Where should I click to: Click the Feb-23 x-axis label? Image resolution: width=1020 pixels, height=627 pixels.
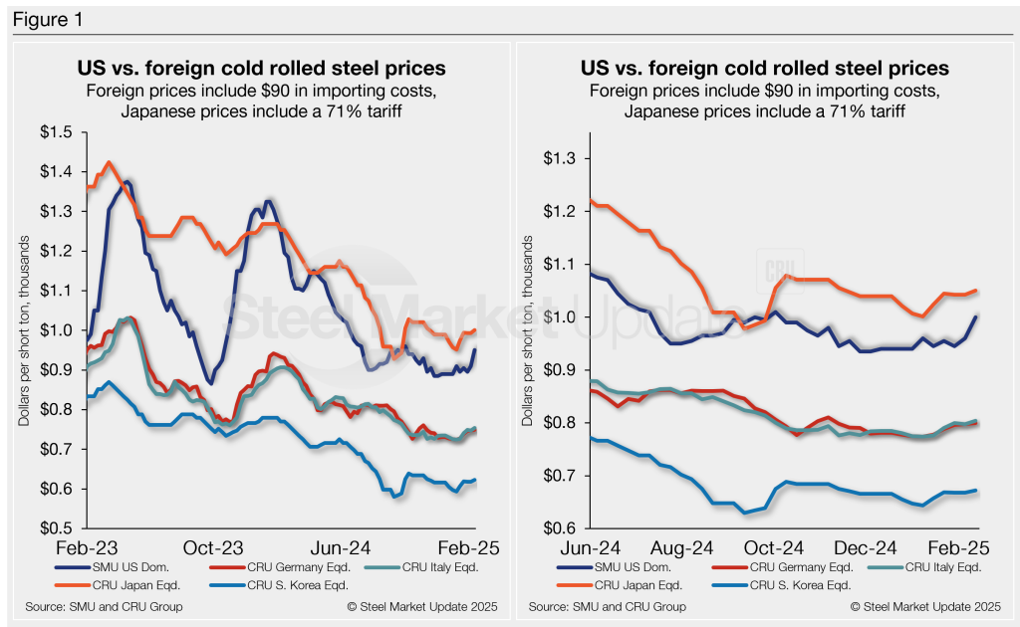[86, 548]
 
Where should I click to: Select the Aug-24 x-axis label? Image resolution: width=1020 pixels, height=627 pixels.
[682, 548]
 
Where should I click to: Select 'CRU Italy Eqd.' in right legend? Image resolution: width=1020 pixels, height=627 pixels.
[930, 567]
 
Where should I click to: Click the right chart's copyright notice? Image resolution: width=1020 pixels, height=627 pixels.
[925, 606]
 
